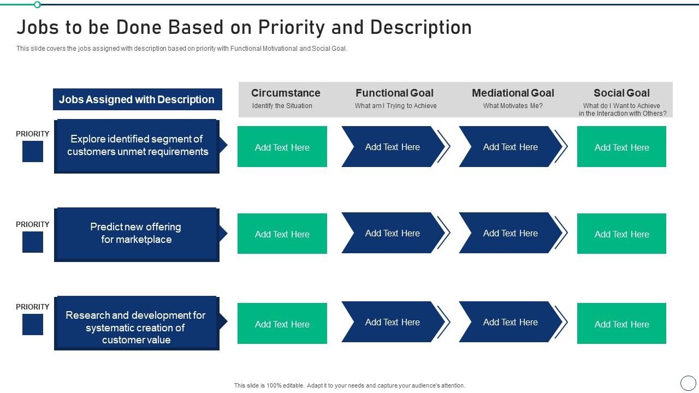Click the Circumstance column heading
tap(286, 93)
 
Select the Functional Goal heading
tap(394, 93)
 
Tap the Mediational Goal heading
tap(513, 93)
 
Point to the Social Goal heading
tap(621, 93)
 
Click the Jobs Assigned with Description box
tap(137, 99)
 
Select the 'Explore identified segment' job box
tap(137, 146)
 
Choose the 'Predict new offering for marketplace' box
tap(137, 234)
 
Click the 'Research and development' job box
tap(137, 323)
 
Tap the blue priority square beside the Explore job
tap(33, 151)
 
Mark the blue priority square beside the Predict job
tap(33, 242)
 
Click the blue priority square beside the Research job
tap(33, 324)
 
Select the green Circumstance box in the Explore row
tap(282, 147)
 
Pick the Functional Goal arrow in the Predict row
tap(393, 233)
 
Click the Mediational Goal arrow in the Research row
tap(510, 322)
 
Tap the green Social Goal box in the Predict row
tap(621, 234)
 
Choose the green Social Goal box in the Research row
tap(621, 324)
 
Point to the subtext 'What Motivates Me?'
tap(513, 106)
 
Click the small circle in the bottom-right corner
tap(688, 383)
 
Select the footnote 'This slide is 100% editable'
tap(349, 385)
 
